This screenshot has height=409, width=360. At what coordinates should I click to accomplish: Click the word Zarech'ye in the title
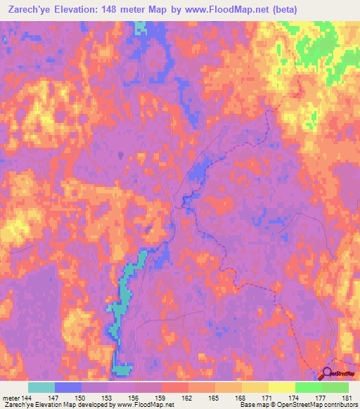[29, 9]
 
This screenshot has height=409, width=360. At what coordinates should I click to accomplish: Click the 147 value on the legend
[55, 397]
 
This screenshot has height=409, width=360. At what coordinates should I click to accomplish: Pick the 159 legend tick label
[161, 397]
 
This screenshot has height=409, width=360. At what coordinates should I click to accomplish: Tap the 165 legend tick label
[214, 397]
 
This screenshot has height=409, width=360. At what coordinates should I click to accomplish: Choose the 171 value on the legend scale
[267, 397]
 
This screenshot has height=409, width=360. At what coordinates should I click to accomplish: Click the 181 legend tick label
[347, 397]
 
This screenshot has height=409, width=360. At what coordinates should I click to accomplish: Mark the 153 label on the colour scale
[108, 397]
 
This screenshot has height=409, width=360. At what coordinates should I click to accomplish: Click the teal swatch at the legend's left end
[41, 387]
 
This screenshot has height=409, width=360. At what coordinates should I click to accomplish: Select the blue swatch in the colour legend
[68, 387]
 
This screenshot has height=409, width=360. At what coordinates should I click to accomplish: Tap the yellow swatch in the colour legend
[281, 387]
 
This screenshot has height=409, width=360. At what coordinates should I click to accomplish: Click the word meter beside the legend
[10, 397]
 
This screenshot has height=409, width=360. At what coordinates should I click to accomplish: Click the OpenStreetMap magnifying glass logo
[328, 375]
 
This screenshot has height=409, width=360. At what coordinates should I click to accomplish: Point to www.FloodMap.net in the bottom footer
[150, 405]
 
